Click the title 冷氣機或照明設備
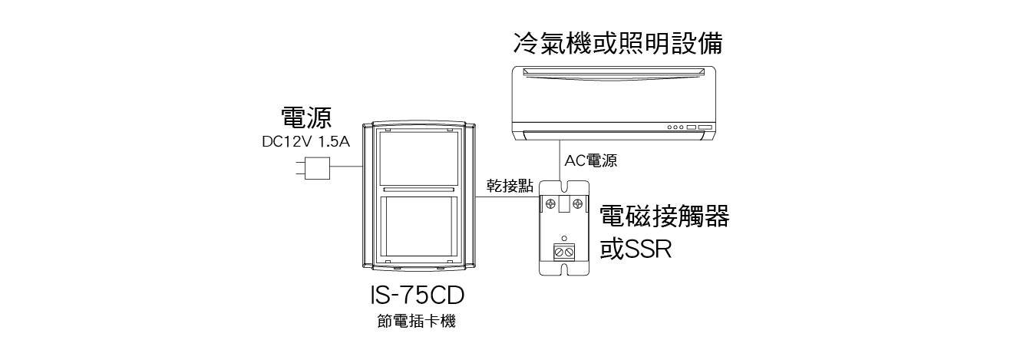[x=617, y=43]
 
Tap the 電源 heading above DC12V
[x=305, y=117]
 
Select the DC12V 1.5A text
[x=305, y=142]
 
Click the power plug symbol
[x=314, y=168]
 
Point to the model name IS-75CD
[x=417, y=296]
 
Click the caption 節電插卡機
[x=417, y=322]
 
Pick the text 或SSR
[x=636, y=250]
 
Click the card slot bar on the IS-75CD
[x=418, y=188]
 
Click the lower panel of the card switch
[x=418, y=230]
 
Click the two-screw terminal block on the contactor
[x=564, y=250]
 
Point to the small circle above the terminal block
[x=564, y=239]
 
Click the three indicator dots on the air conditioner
[x=675, y=127]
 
